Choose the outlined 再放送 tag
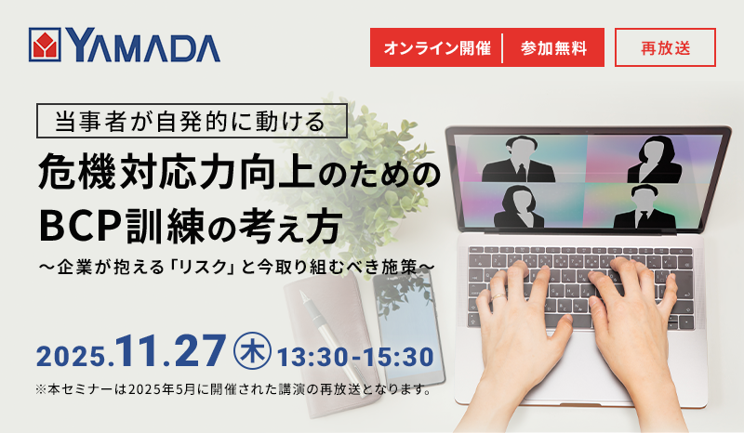(665, 47)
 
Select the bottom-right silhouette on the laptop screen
(644, 205)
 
